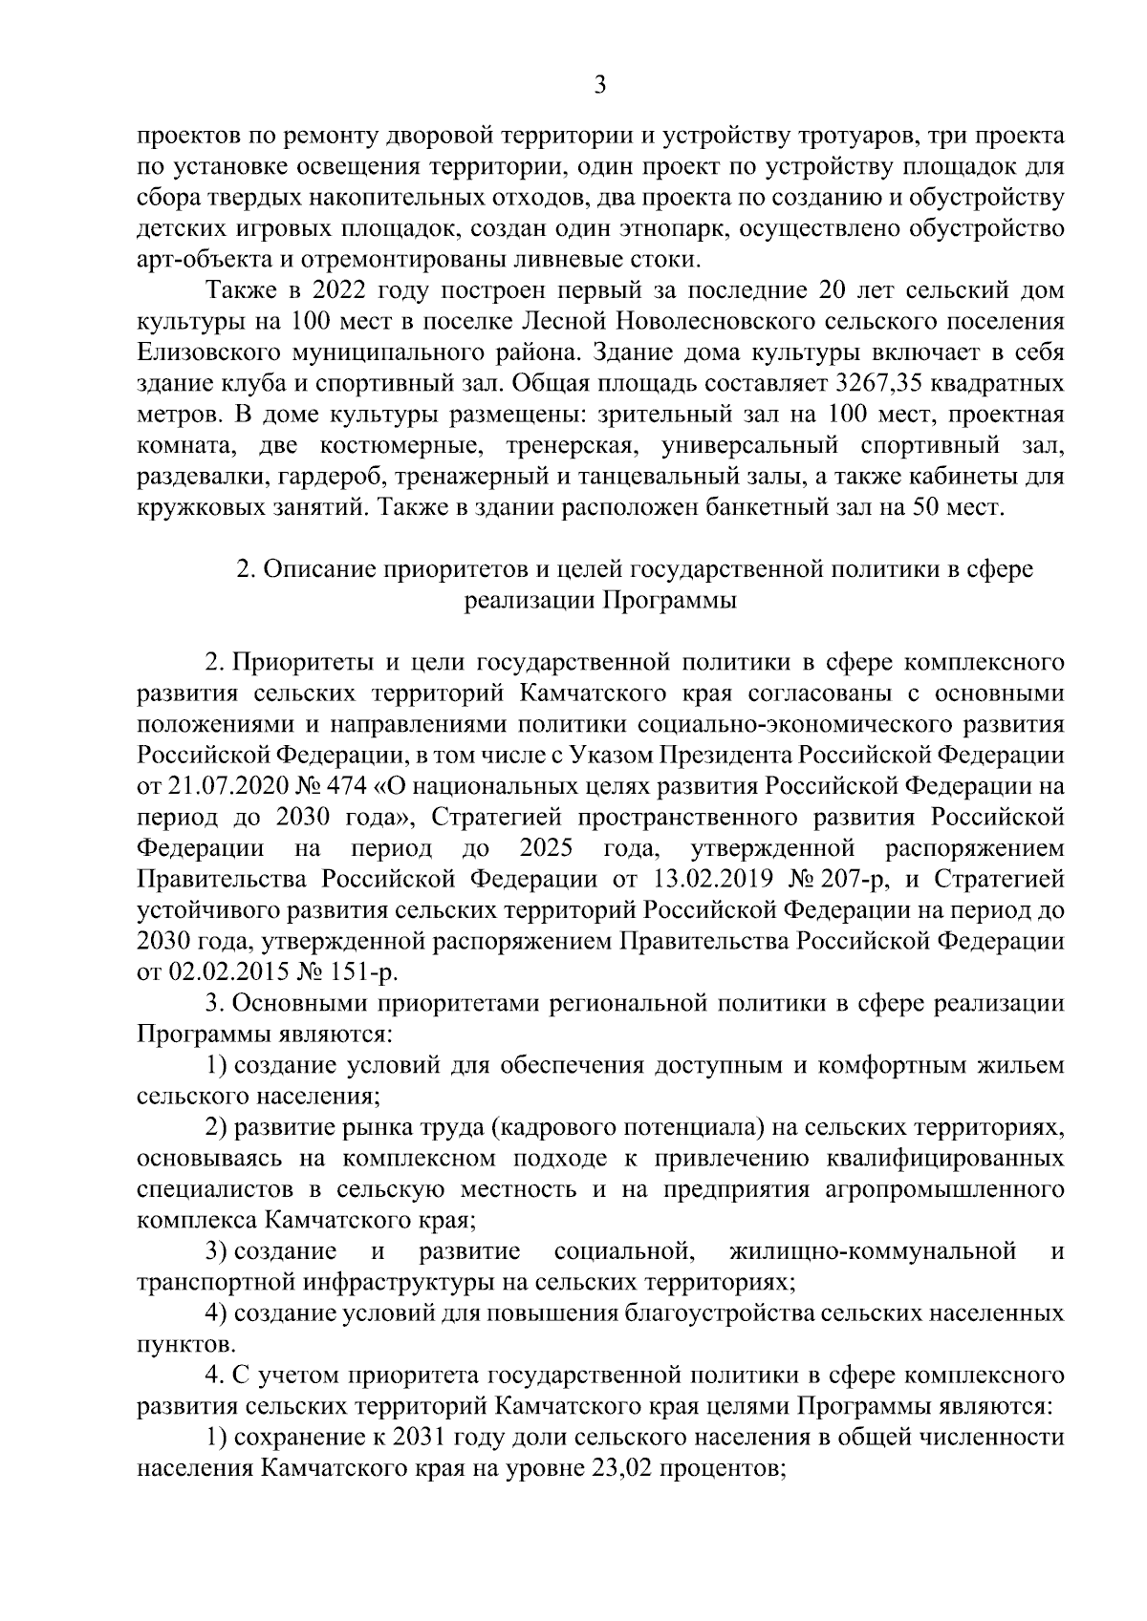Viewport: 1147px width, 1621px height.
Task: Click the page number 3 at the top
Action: pos(599,86)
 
